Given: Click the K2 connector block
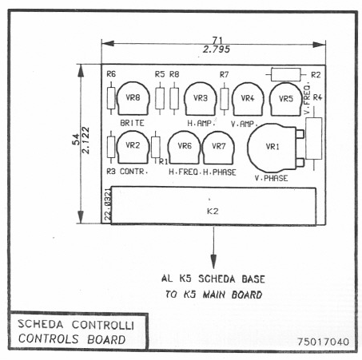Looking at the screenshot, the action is click(x=213, y=206).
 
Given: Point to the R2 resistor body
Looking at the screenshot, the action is click(x=286, y=74).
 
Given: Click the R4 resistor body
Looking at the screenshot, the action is click(x=314, y=139).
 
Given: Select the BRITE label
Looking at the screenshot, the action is click(x=132, y=123).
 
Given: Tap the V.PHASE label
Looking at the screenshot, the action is click(x=271, y=178).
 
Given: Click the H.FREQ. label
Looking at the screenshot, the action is click(x=184, y=172).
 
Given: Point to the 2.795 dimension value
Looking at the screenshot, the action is click(x=217, y=49).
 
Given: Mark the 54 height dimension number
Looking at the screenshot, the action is click(x=76, y=139).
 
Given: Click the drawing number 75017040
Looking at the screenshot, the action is click(x=323, y=342).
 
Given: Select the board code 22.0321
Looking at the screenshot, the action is click(x=108, y=204).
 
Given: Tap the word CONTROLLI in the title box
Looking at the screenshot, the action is click(x=103, y=325).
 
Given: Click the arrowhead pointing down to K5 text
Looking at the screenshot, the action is click(x=213, y=262).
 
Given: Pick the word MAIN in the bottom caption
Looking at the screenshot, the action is click(x=214, y=295).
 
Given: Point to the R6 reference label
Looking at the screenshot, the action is click(x=111, y=73).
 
